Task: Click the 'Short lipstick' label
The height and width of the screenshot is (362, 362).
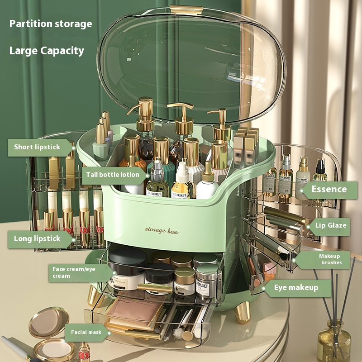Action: point(37,147)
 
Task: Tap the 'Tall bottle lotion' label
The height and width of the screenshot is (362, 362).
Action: point(113,175)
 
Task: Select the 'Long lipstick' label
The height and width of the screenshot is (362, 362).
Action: point(37,239)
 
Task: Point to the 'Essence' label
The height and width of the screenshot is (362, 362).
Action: point(329,189)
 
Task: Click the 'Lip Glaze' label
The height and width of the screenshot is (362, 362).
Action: point(331,225)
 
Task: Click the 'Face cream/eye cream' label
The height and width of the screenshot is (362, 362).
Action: point(74,272)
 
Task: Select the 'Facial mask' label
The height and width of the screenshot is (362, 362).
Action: point(86,332)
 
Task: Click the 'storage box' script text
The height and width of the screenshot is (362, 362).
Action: point(162,230)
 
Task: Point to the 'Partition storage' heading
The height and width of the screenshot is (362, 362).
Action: point(51,24)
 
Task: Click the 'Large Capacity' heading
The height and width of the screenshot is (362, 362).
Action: point(47,51)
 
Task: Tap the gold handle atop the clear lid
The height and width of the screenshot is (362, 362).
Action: point(186,10)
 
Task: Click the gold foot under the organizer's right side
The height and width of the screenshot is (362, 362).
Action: point(242,312)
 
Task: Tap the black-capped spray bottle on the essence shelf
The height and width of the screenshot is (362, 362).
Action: point(320,171)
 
